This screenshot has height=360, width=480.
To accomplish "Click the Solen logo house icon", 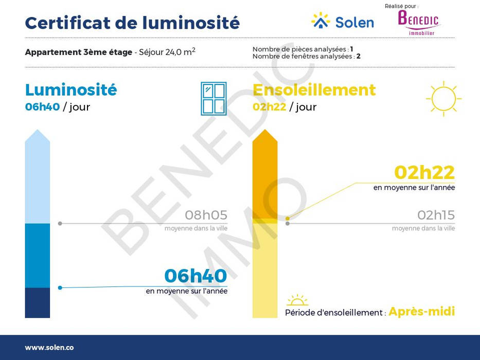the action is point(321,21).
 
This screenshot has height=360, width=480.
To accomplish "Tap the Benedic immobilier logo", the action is point(418,23).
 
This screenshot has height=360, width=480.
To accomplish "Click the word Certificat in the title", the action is point(67,23).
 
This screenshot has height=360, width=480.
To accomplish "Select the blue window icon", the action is point(214,99).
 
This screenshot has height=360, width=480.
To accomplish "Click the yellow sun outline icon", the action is point(443,99).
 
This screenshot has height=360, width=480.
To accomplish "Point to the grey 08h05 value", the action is point(206,215).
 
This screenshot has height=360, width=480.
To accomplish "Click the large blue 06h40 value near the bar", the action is point(195,276).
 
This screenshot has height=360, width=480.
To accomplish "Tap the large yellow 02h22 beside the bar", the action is point(424,172).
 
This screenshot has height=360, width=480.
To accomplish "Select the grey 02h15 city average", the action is point(436,215).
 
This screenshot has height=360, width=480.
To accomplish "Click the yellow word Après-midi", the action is point(422,312).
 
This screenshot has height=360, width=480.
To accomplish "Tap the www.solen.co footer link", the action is point(49,348).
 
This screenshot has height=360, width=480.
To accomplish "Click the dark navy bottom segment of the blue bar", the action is point(38,303).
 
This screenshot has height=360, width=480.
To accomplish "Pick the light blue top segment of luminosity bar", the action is point(38,176).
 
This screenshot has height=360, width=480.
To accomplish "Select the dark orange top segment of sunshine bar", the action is point(265,174).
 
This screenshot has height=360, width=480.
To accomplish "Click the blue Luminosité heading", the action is point(71,89).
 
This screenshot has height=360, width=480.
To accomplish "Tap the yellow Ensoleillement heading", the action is point(314,90).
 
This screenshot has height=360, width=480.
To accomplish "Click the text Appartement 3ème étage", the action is point(79,52).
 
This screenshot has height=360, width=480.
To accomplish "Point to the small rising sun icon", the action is point(297,300).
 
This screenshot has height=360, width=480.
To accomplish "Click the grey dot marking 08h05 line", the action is point(60,224).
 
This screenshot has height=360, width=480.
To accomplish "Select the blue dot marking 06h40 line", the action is point(60,288).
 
